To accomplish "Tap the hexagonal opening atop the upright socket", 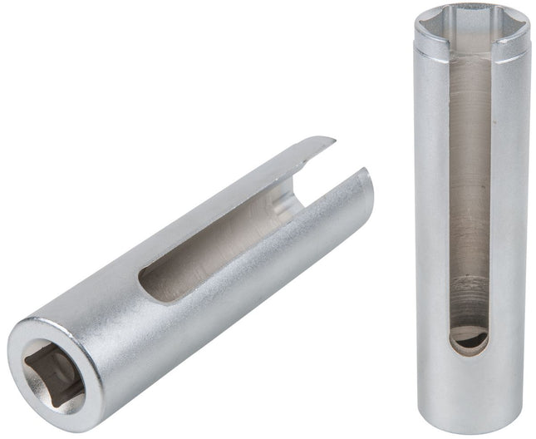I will pyautogui.click(x=471, y=26).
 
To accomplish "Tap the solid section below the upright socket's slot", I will pyautogui.click(x=470, y=391).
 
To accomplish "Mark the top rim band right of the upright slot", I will pyautogui.click(x=511, y=50).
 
